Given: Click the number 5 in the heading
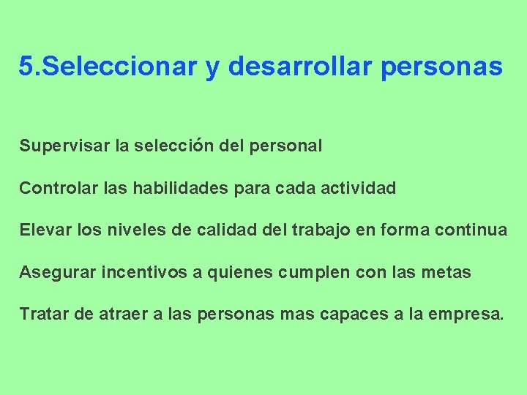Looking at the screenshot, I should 26,67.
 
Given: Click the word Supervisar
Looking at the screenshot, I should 64,146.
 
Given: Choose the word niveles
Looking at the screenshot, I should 132,230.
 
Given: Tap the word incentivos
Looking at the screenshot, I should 143,273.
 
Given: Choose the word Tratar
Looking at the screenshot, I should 42,315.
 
